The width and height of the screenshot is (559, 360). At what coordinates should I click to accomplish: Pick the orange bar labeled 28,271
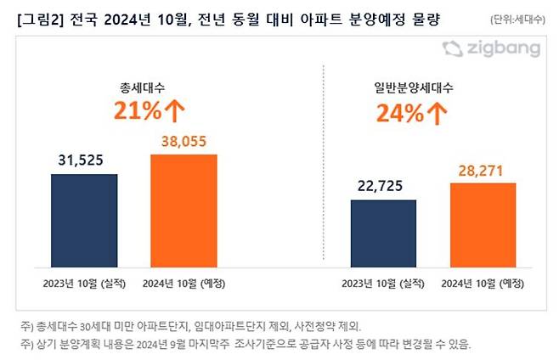483,222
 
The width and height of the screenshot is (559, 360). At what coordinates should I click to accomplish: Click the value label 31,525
83,160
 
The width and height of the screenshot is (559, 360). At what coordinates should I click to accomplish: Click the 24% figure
406,112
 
